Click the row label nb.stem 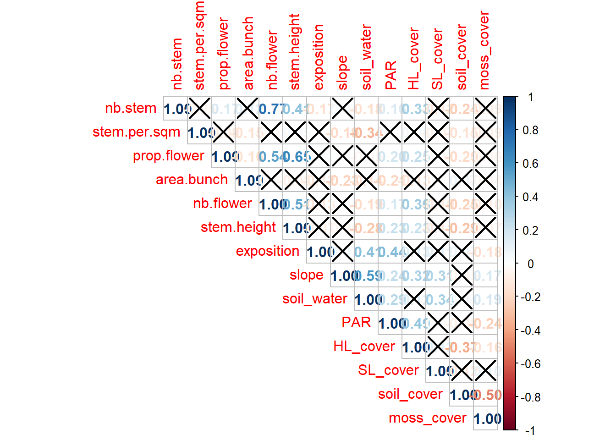(x=131, y=108)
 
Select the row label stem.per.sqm (x=136, y=132)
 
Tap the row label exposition (x=267, y=251)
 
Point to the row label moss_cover (x=427, y=418)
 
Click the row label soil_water (x=314, y=299)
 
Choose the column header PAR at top (x=390, y=76)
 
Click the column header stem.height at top (x=295, y=52)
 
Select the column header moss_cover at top (x=484, y=50)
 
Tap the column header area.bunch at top (x=248, y=54)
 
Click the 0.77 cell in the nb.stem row (x=271, y=109)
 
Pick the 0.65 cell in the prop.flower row (x=295, y=157)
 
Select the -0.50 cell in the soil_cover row (x=486, y=395)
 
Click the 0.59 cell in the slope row (x=366, y=276)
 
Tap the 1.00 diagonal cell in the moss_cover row (x=486, y=419)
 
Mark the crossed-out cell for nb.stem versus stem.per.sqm (x=199, y=109)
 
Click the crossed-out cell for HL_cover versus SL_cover (x=438, y=347)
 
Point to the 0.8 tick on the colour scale (x=530, y=130)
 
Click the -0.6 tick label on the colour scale (x=530, y=364)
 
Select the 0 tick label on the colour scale (x=530, y=264)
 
